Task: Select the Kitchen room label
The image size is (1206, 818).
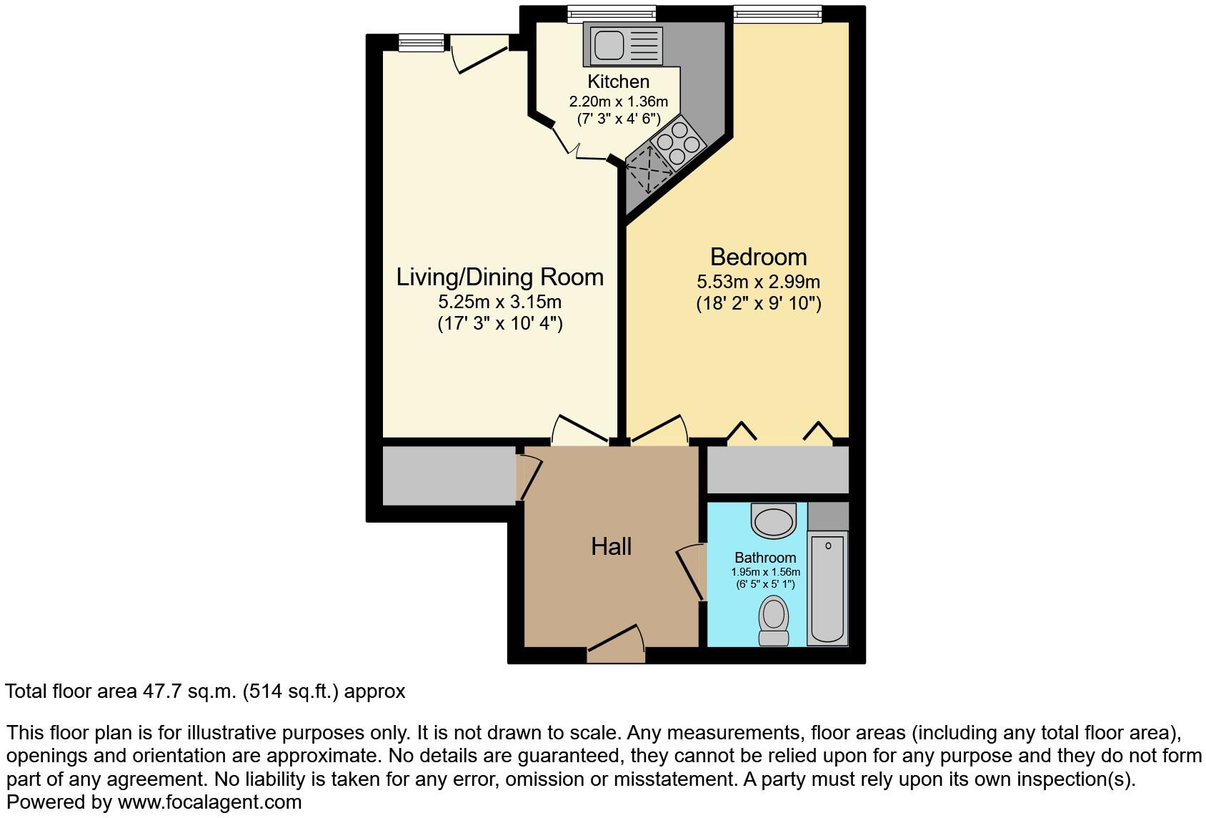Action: (618, 82)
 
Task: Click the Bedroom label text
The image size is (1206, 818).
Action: (758, 257)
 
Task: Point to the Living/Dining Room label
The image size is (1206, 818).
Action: (499, 277)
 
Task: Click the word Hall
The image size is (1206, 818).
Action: (611, 547)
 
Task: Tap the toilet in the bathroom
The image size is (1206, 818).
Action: (773, 621)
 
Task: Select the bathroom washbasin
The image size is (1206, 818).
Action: (773, 520)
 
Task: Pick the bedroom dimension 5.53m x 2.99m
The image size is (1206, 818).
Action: (758, 282)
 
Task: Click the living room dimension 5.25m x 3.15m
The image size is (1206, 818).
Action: (499, 302)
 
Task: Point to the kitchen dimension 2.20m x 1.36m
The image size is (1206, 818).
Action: (618, 102)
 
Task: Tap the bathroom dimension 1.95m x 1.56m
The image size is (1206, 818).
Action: (765, 572)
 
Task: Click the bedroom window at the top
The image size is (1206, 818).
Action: (777, 14)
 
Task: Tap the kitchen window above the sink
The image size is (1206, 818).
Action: (612, 14)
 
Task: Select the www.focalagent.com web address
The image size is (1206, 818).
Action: (209, 802)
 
